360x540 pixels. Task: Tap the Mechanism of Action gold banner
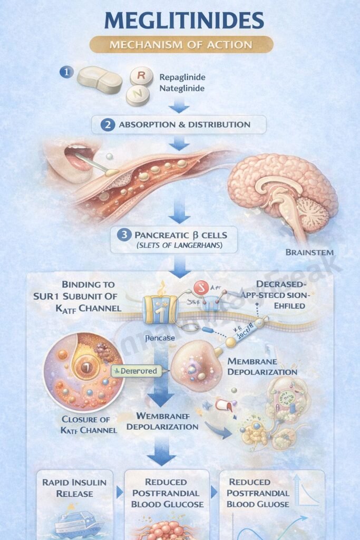pos(181,44)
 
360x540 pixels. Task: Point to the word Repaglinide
pos(182,77)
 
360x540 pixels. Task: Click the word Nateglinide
pos(183,89)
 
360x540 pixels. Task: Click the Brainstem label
pos(309,252)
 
